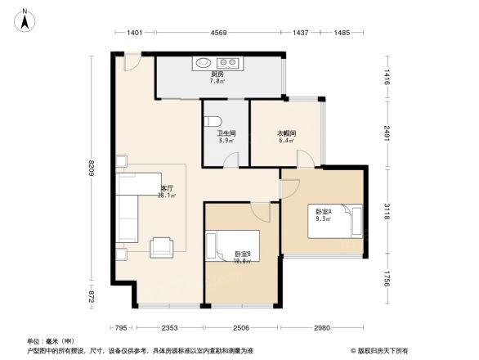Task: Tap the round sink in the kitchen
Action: pos(202,62)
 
